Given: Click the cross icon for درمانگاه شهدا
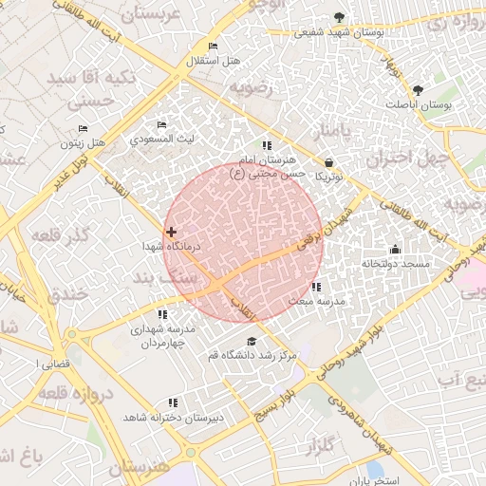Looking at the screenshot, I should [x=171, y=232].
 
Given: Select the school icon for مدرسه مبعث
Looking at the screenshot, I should [x=316, y=287].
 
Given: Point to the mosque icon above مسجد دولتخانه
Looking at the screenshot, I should [x=396, y=250].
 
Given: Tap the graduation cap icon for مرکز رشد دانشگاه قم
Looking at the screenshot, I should [x=252, y=342].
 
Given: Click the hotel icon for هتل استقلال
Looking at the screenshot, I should [x=213, y=47].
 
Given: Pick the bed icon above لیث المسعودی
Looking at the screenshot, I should [x=161, y=124].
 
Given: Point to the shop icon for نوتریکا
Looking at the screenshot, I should [x=328, y=162].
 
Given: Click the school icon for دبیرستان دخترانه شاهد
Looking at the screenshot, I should [x=172, y=402].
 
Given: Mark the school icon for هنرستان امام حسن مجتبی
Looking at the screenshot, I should [x=267, y=145].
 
